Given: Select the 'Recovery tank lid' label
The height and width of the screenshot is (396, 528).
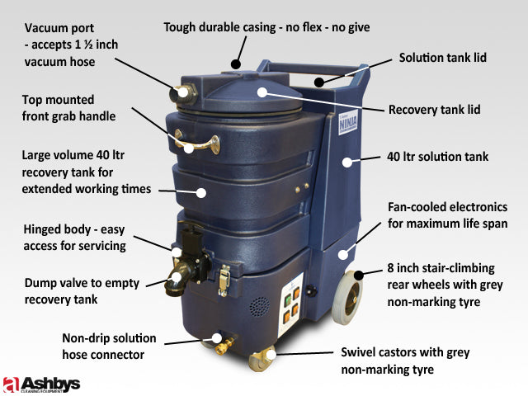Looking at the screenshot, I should (445, 109).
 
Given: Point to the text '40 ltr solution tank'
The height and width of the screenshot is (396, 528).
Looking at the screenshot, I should (438, 157).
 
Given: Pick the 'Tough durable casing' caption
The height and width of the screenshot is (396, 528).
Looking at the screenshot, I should (266, 27).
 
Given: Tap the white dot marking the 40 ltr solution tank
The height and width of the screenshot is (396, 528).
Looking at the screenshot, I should (347, 162).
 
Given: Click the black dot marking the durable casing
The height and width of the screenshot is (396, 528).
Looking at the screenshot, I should (236, 62).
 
